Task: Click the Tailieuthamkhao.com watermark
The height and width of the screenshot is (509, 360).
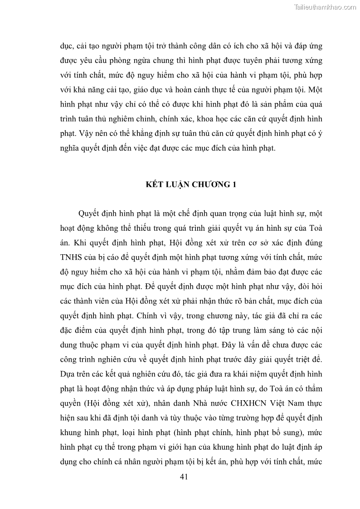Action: click(x=325, y=7)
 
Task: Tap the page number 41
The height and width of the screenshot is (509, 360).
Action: click(x=184, y=476)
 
